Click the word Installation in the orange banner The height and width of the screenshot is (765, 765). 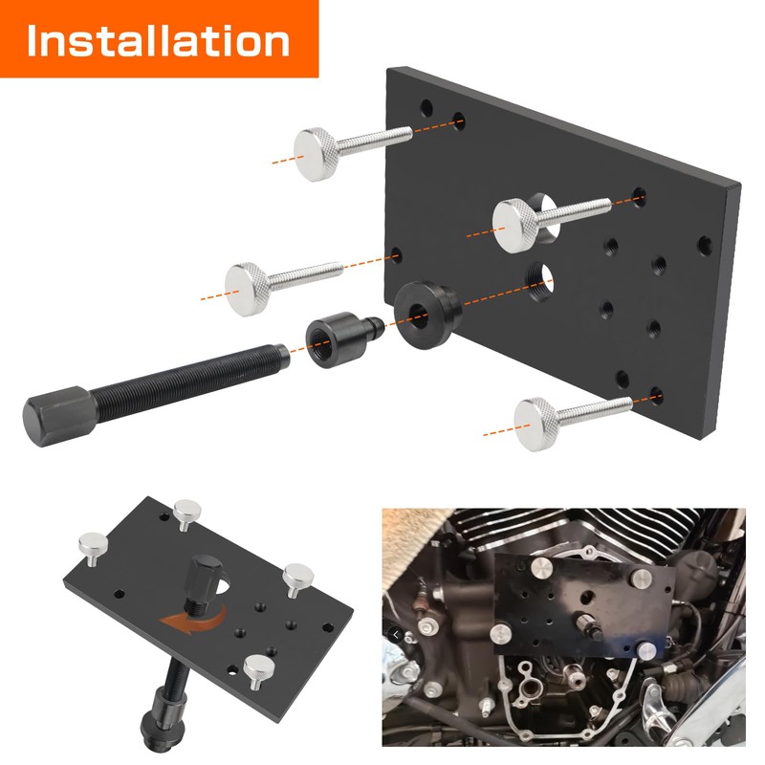158,41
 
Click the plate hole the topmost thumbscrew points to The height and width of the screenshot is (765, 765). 460,120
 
